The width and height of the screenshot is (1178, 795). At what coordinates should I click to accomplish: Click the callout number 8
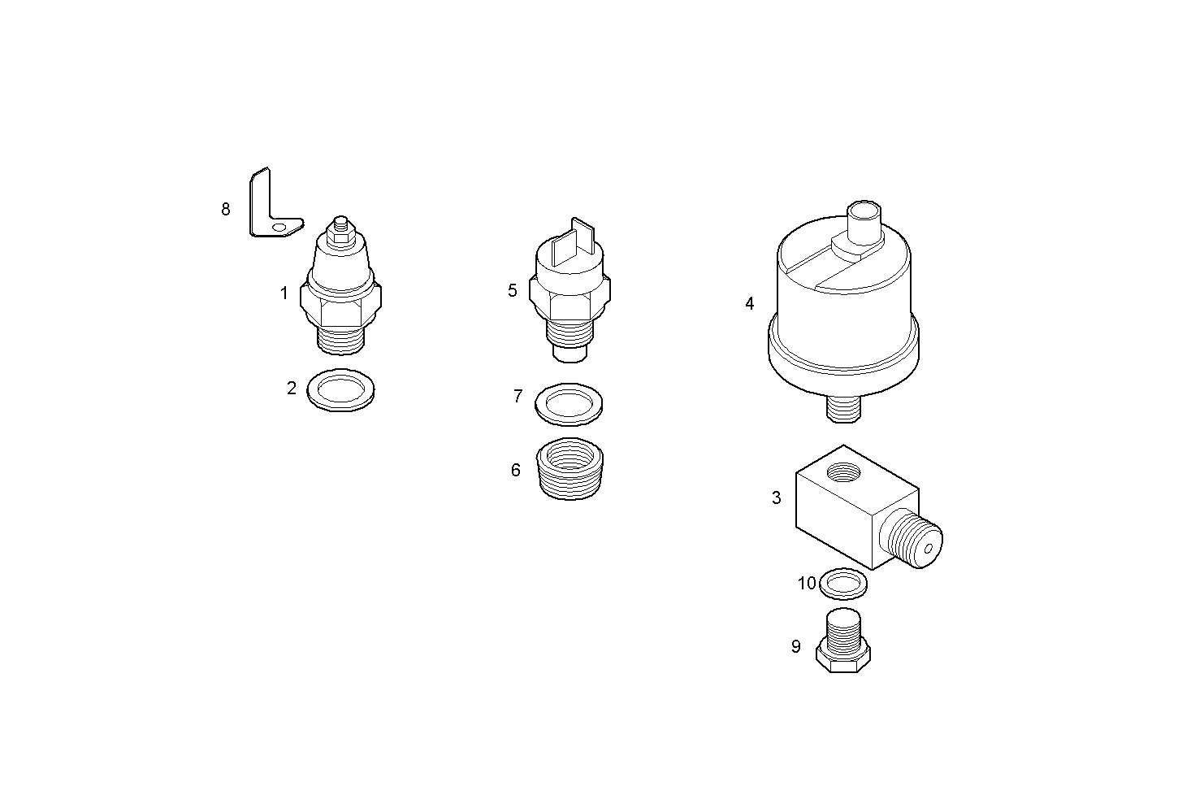[x=226, y=210]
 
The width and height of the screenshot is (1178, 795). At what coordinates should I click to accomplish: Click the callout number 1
[x=284, y=293]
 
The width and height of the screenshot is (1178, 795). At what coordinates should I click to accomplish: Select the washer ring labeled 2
[x=340, y=389]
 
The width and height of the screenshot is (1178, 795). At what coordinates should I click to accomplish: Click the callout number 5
[x=512, y=290]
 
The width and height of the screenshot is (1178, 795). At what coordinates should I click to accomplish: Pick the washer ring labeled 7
[x=569, y=404]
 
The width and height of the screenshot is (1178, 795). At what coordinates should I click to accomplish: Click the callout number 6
[x=515, y=470]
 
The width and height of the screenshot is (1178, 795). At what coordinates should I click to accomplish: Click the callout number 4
[x=749, y=303]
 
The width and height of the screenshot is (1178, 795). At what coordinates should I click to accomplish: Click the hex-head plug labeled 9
[x=843, y=641]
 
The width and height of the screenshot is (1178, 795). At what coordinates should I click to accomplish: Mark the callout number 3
[x=776, y=497]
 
